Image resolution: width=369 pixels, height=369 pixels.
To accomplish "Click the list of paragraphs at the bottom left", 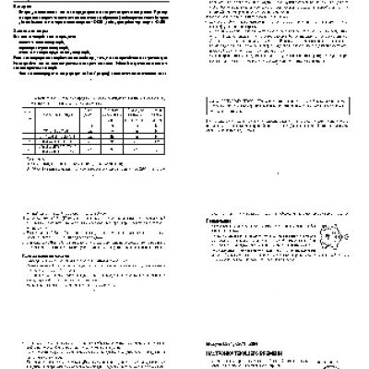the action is (92, 355).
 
